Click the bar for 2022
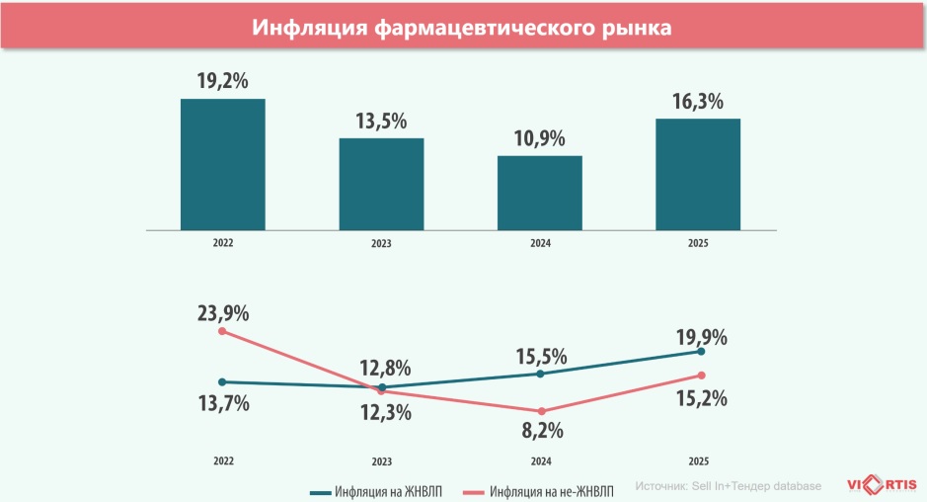tap(222, 164)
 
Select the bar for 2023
tap(381, 184)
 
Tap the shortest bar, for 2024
tap(539, 193)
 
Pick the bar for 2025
tap(698, 174)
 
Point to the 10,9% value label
tap(539, 138)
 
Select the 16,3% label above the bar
tap(698, 102)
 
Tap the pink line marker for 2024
tap(541, 411)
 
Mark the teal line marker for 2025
tap(701, 351)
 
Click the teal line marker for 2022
tap(222, 381)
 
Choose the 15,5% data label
tap(541, 353)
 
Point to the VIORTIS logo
tap(882, 484)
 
